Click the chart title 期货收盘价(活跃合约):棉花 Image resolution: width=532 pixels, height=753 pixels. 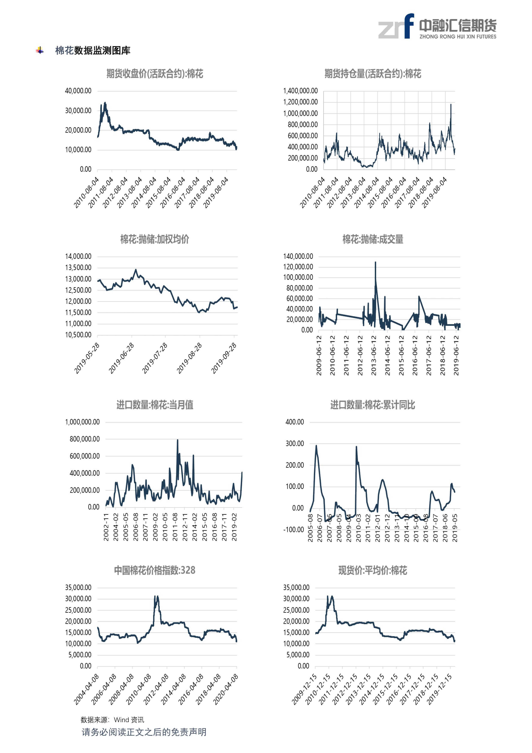click(x=155, y=73)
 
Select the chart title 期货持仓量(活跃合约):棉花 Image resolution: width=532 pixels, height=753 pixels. click(x=373, y=73)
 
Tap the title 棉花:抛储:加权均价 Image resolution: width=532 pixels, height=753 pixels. click(x=155, y=239)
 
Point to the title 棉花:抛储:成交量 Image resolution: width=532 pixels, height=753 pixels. click(x=373, y=239)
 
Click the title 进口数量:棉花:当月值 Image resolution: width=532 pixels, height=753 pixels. click(x=155, y=405)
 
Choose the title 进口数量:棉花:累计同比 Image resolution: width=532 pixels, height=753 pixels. click(x=373, y=405)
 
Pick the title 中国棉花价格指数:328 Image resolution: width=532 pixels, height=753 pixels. click(x=155, y=570)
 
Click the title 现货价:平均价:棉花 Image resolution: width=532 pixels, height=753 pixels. click(x=373, y=570)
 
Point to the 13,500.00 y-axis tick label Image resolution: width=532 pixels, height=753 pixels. click(x=78, y=268)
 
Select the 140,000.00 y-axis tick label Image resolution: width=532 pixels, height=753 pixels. click(x=298, y=256)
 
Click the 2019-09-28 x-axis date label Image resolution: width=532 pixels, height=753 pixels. click(x=224, y=358)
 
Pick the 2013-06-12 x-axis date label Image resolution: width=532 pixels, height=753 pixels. click(x=374, y=355)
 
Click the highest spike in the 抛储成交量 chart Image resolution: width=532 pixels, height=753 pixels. click(x=375, y=262)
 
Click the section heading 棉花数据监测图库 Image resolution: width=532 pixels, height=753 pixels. click(x=93, y=50)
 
